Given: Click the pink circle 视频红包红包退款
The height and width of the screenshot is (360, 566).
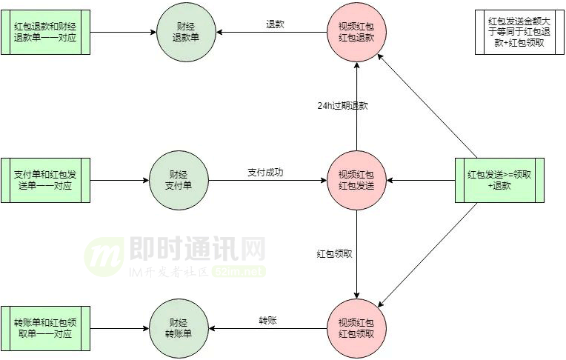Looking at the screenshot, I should coord(356,33).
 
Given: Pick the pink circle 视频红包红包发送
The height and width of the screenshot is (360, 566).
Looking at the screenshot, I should coord(356,180).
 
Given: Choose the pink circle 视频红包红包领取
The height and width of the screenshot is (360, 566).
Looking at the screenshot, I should coord(356,327).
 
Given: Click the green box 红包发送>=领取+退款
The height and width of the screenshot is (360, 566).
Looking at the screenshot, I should coord(499,180).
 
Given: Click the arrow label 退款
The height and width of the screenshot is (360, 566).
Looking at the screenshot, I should coord(275,24).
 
